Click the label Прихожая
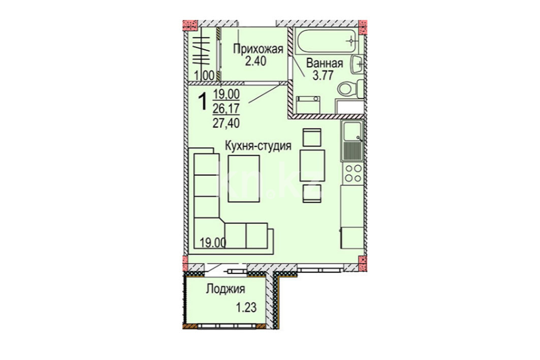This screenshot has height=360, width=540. click(258, 49)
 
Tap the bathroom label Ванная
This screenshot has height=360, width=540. click(325, 63)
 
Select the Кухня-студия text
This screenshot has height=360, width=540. click(258, 146)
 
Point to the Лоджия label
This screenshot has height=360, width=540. click(226, 289)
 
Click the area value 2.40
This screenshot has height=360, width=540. click(256, 61)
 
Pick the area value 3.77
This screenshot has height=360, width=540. click(323, 75)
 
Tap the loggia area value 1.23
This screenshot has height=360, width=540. click(246, 307)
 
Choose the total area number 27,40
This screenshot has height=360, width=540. click(226, 122)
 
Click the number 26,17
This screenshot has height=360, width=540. click(226, 109)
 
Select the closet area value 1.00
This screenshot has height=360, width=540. click(204, 75)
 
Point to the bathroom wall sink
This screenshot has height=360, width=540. click(358, 63)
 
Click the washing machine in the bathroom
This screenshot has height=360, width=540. click(308, 105)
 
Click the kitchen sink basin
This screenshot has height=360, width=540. click(351, 132)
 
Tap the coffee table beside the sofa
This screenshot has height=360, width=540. click(244, 179)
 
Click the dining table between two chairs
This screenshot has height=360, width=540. click(312, 166)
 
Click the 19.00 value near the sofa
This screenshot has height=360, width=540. click(213, 243)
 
